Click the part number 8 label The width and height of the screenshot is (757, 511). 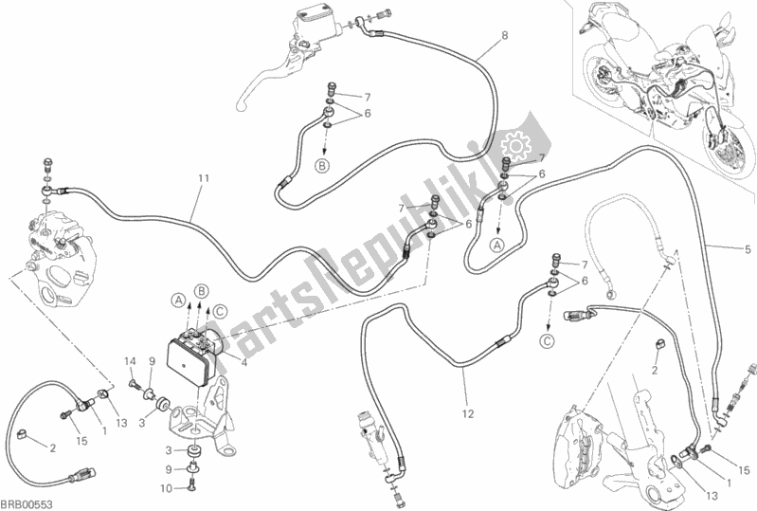pyautogui.click(x=504, y=36)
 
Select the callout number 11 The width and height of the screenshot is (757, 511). pyautogui.click(x=202, y=178)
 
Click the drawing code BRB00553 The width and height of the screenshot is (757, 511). pyautogui.click(x=26, y=502)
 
